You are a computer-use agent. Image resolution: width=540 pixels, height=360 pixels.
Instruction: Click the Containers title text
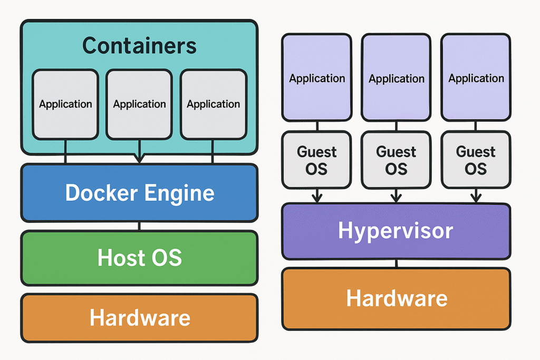[139, 45]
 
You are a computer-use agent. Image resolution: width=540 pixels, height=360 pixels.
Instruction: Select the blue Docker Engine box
[139, 193]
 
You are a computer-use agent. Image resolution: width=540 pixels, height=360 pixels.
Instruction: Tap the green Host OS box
[139, 258]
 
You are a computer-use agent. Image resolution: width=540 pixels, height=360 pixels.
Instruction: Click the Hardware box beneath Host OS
[139, 318]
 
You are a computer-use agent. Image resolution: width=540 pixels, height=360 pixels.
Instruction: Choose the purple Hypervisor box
[396, 231]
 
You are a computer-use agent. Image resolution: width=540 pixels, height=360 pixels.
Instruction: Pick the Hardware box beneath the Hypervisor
[396, 298]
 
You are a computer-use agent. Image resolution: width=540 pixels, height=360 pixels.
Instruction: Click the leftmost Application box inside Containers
[65, 104]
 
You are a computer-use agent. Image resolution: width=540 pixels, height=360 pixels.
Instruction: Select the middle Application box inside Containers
[139, 104]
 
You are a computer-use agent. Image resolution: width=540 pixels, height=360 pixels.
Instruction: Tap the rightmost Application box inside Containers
[213, 104]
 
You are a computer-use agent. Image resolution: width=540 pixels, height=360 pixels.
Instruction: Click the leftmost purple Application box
[317, 77]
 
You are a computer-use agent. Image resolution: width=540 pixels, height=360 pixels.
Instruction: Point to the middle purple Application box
[396, 77]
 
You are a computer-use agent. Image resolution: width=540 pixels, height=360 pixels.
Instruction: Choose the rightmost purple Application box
[476, 77]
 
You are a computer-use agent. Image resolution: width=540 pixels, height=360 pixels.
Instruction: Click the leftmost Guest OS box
[317, 160]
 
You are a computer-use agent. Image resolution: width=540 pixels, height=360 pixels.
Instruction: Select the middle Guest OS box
[396, 160]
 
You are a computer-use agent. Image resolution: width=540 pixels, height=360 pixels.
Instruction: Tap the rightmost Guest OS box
[476, 160]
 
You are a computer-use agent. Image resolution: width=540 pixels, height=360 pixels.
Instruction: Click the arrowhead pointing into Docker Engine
[139, 158]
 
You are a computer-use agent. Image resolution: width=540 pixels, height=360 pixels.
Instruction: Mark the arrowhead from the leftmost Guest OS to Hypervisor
[317, 198]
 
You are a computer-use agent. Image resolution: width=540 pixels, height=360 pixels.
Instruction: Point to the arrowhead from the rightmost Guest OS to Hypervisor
[476, 198]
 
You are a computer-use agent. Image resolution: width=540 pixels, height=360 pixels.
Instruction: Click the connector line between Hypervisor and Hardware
[396, 264]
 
